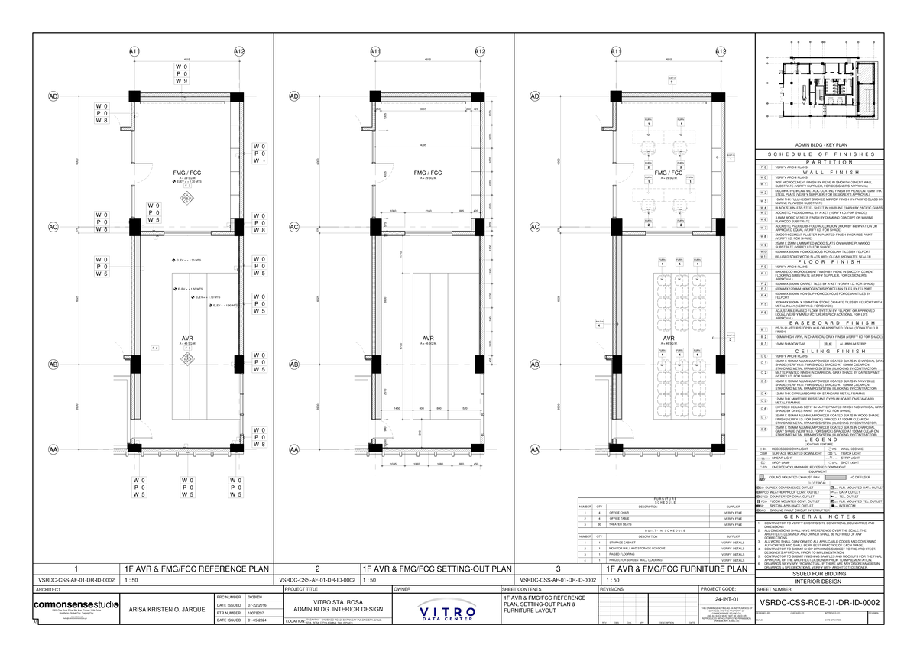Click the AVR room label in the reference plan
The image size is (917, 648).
186,339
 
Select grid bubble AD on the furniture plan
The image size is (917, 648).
535,97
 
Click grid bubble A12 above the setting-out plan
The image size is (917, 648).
479,51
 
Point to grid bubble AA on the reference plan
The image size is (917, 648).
53,450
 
